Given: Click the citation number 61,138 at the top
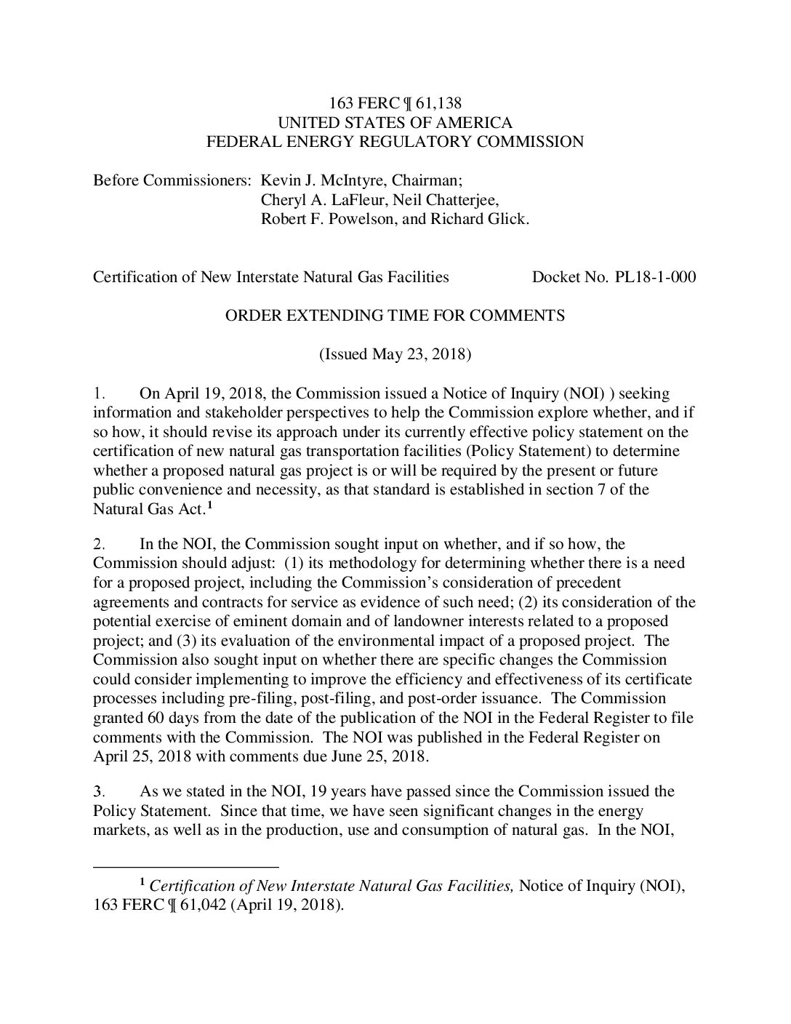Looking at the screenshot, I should pyautogui.click(x=438, y=104).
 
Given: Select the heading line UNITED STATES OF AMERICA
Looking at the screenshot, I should pyautogui.click(x=395, y=123).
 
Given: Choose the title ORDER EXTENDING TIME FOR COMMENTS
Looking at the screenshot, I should pyautogui.click(x=395, y=316).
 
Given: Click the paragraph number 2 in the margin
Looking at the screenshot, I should pyautogui.click(x=100, y=545).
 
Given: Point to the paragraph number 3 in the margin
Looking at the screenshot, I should pyautogui.click(x=100, y=791).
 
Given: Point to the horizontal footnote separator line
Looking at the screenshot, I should pyautogui.click(x=186, y=867).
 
